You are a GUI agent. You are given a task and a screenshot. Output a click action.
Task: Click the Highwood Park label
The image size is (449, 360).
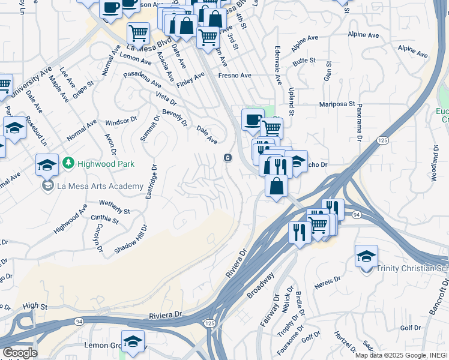click(106, 163)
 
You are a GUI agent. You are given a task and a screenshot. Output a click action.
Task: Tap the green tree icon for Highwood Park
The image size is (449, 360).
click(69, 163)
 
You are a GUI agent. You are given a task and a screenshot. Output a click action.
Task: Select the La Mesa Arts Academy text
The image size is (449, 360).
click(100, 186)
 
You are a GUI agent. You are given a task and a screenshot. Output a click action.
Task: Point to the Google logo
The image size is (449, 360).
click(19, 353)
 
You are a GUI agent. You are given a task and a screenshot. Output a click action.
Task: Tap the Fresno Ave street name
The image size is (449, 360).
click(235, 76)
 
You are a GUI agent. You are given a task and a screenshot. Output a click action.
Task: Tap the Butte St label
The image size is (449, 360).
click(304, 61)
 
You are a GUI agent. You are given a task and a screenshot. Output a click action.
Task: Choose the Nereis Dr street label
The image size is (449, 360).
click(327, 280)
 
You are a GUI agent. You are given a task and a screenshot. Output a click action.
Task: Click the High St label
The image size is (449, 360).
click(35, 306)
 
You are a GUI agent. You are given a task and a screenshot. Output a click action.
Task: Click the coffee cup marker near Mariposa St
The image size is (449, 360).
click(253, 119)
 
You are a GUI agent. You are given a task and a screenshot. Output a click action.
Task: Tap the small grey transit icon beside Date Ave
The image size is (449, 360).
click(228, 158)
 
